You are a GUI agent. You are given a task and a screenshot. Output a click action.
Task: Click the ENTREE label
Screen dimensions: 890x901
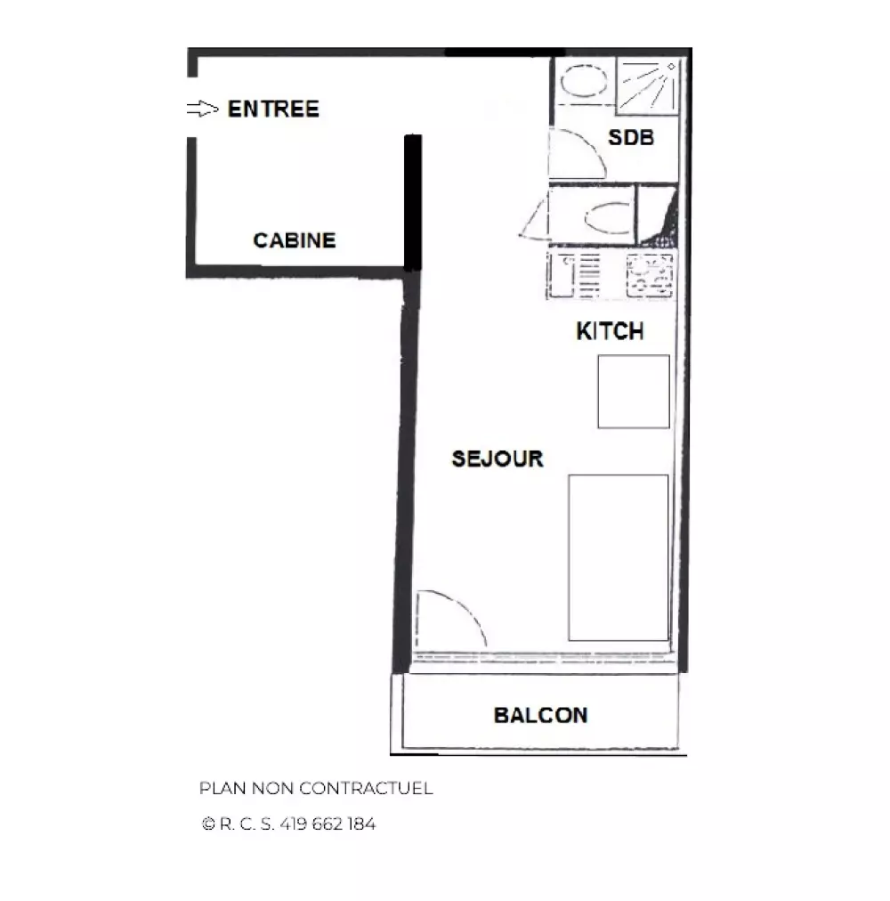(x=273, y=109)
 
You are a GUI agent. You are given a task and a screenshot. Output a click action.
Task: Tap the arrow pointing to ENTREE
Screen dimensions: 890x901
(x=203, y=108)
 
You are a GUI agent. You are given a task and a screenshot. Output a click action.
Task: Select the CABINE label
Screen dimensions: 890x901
(x=295, y=240)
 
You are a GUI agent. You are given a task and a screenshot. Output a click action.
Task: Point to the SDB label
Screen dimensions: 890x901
(x=631, y=137)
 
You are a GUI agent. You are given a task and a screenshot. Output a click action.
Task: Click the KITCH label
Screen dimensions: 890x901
(x=610, y=331)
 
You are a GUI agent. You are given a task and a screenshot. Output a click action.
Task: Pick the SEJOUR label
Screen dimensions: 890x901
(x=498, y=459)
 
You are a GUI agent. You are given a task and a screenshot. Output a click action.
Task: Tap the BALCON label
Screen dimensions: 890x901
(x=540, y=716)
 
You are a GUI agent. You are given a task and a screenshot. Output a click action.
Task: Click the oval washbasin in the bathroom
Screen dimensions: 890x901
(x=583, y=80)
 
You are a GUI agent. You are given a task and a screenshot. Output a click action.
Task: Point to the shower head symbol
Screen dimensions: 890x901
(x=670, y=67)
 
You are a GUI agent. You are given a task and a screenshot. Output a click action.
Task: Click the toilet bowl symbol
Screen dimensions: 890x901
(x=608, y=217)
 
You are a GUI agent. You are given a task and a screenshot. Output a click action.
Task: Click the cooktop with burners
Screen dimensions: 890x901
(x=650, y=275)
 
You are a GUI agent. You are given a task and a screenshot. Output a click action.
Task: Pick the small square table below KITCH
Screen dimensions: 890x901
(x=634, y=392)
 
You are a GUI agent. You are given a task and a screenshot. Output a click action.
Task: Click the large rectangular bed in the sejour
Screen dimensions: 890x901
(x=619, y=557)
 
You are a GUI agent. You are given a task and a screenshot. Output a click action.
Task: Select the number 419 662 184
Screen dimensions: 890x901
(x=328, y=824)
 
